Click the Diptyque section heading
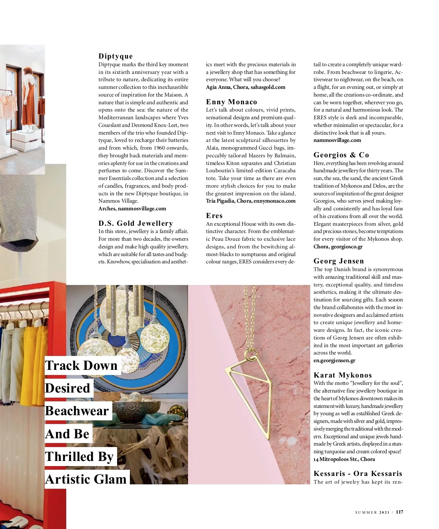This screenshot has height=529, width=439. coord(116,56)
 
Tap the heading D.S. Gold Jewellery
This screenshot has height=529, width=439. coord(136,223)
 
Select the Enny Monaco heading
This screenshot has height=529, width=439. coord(232,102)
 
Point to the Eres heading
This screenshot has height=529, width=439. coord(214,215)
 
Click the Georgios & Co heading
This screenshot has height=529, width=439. coord(341,155)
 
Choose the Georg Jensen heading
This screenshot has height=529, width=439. coord(339,261)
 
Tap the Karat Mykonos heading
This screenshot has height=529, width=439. coord(343,375)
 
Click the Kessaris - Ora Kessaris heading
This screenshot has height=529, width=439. coord(358,473)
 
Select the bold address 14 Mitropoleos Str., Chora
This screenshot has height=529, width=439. coord(344,459)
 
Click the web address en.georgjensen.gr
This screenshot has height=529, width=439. coord(334,360)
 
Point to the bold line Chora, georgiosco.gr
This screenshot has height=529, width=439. coord(338,247)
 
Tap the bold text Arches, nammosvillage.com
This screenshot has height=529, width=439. coord(132,209)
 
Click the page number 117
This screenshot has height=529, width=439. coord(399,512)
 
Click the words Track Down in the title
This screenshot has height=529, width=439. coord(81,365)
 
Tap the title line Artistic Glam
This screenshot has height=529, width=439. coord(86,479)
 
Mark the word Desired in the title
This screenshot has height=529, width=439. coord(68,388)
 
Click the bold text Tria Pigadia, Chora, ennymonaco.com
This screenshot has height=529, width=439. coord(251,201)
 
